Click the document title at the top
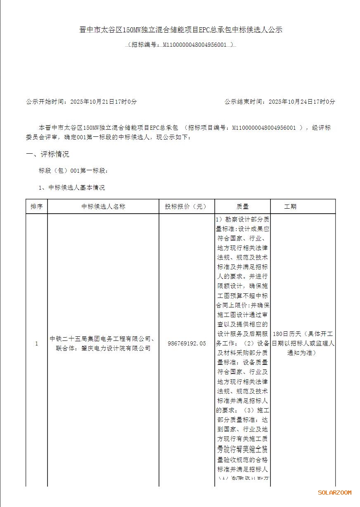(x=180, y=30)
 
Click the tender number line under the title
(x=180, y=44)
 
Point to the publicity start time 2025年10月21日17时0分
(x=103, y=101)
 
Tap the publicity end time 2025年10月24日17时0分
(x=302, y=101)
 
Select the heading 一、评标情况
(x=47, y=155)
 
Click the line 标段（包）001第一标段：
(x=73, y=170)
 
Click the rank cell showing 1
(x=36, y=343)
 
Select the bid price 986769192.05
(x=187, y=343)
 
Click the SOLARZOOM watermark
(x=334, y=493)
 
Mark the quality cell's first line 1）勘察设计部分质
(x=242, y=219)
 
